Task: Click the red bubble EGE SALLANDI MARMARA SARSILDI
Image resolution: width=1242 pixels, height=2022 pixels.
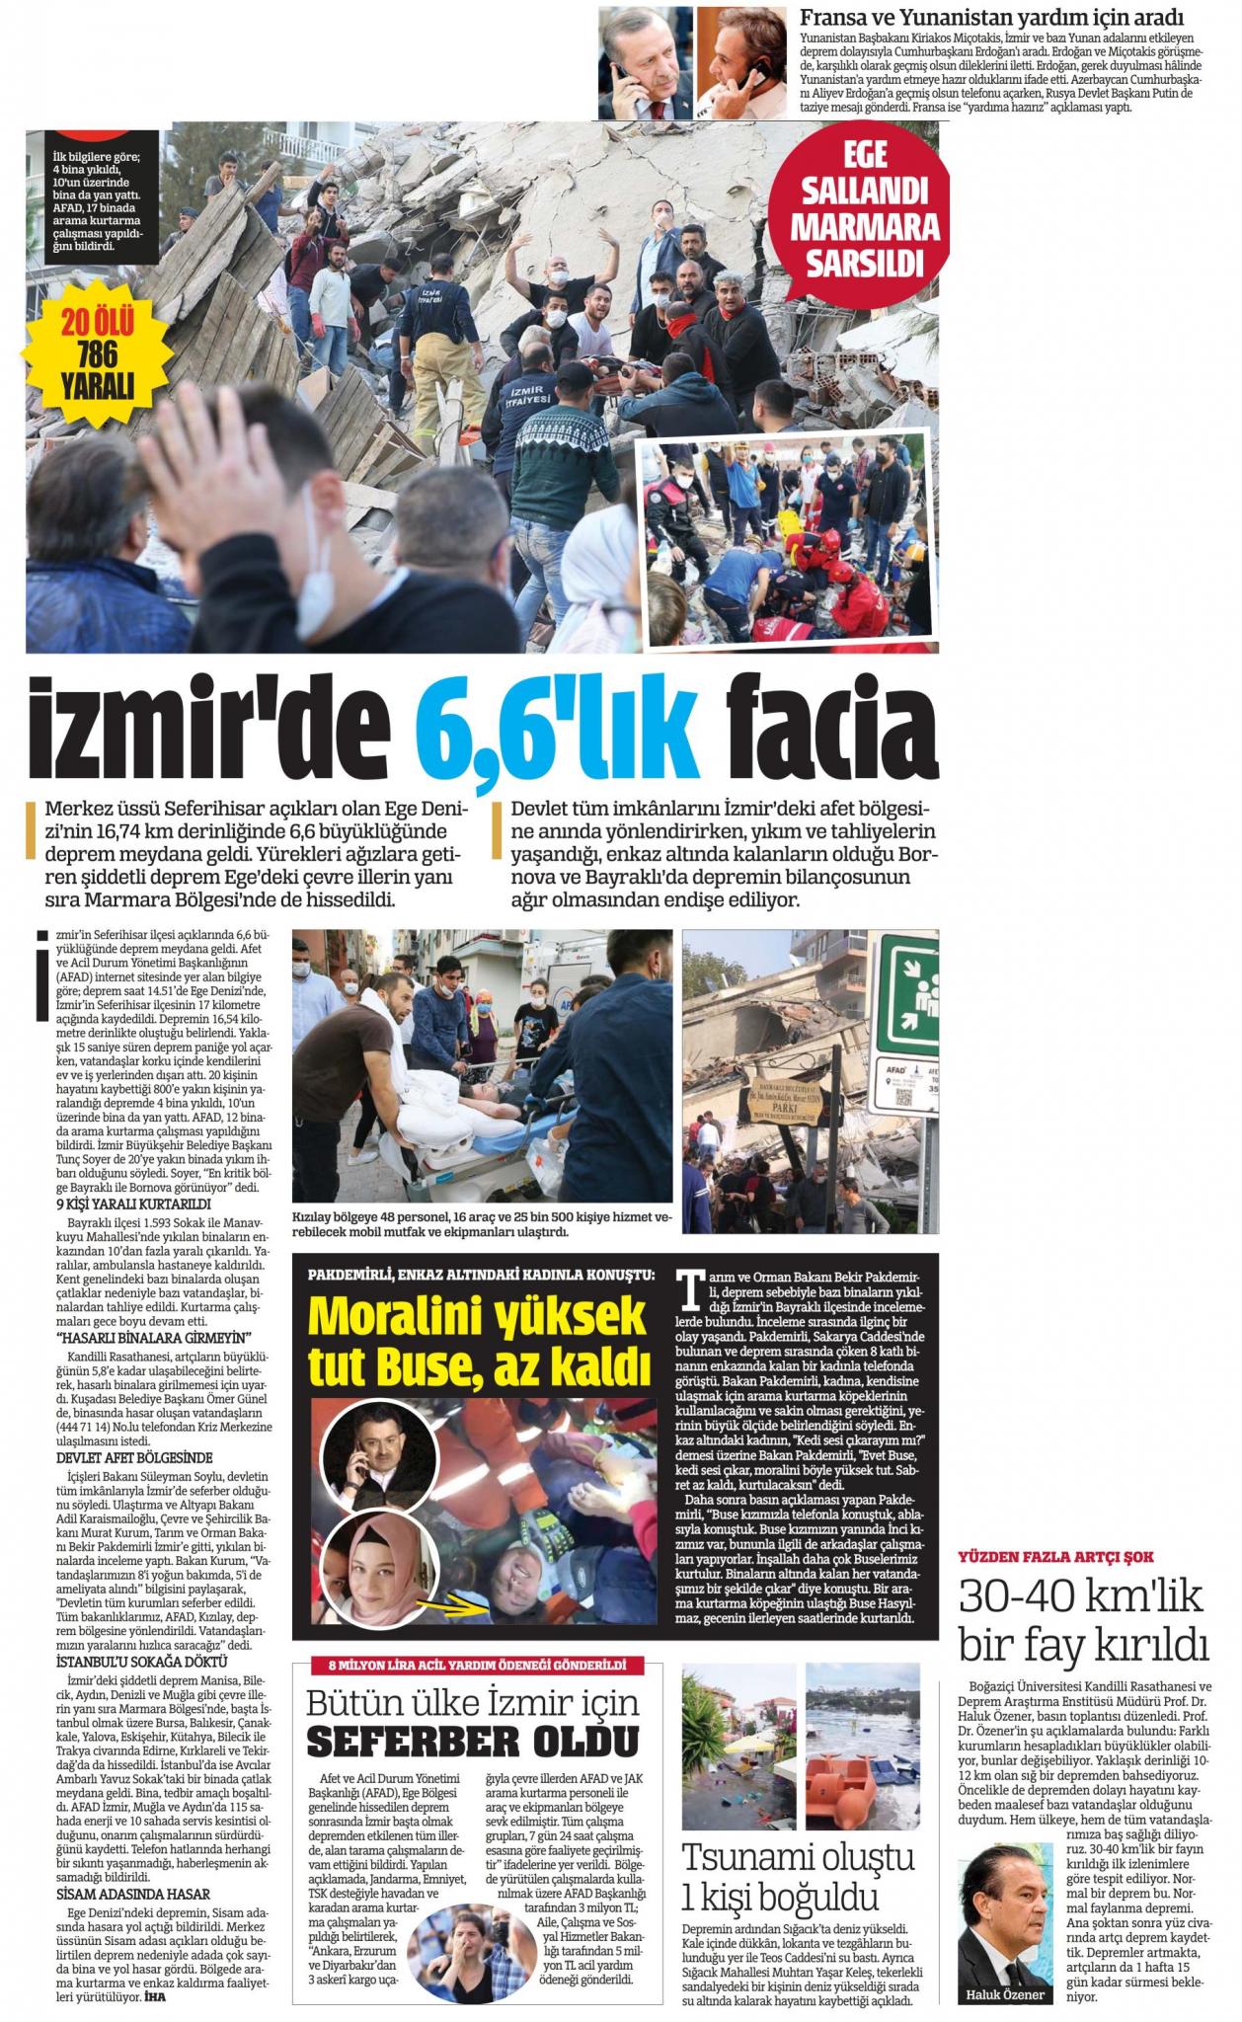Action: coord(864,209)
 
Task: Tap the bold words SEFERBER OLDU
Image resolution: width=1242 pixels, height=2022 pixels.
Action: coord(473,1745)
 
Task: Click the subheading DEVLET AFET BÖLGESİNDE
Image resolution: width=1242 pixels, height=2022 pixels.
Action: coord(120,1457)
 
